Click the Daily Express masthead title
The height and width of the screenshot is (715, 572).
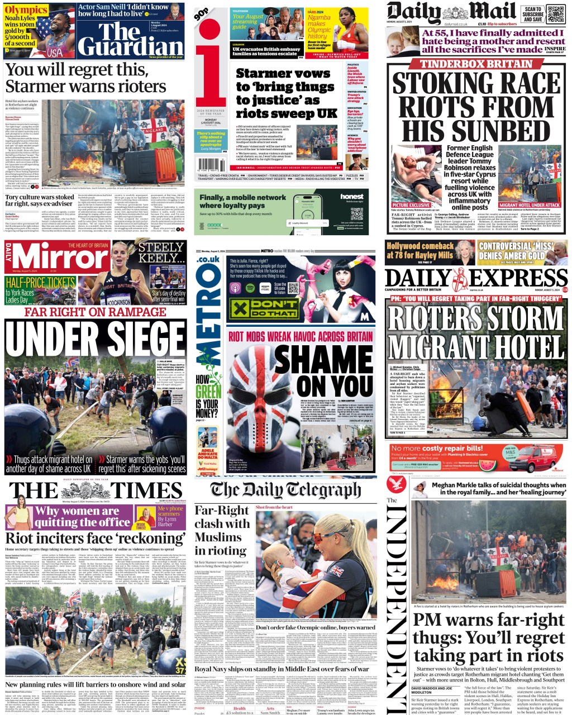tap(476, 278)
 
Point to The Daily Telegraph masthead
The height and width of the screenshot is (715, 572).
tap(285, 490)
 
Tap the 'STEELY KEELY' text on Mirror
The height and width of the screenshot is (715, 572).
tap(161, 253)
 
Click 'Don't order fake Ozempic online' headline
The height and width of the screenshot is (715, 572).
tap(316, 628)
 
